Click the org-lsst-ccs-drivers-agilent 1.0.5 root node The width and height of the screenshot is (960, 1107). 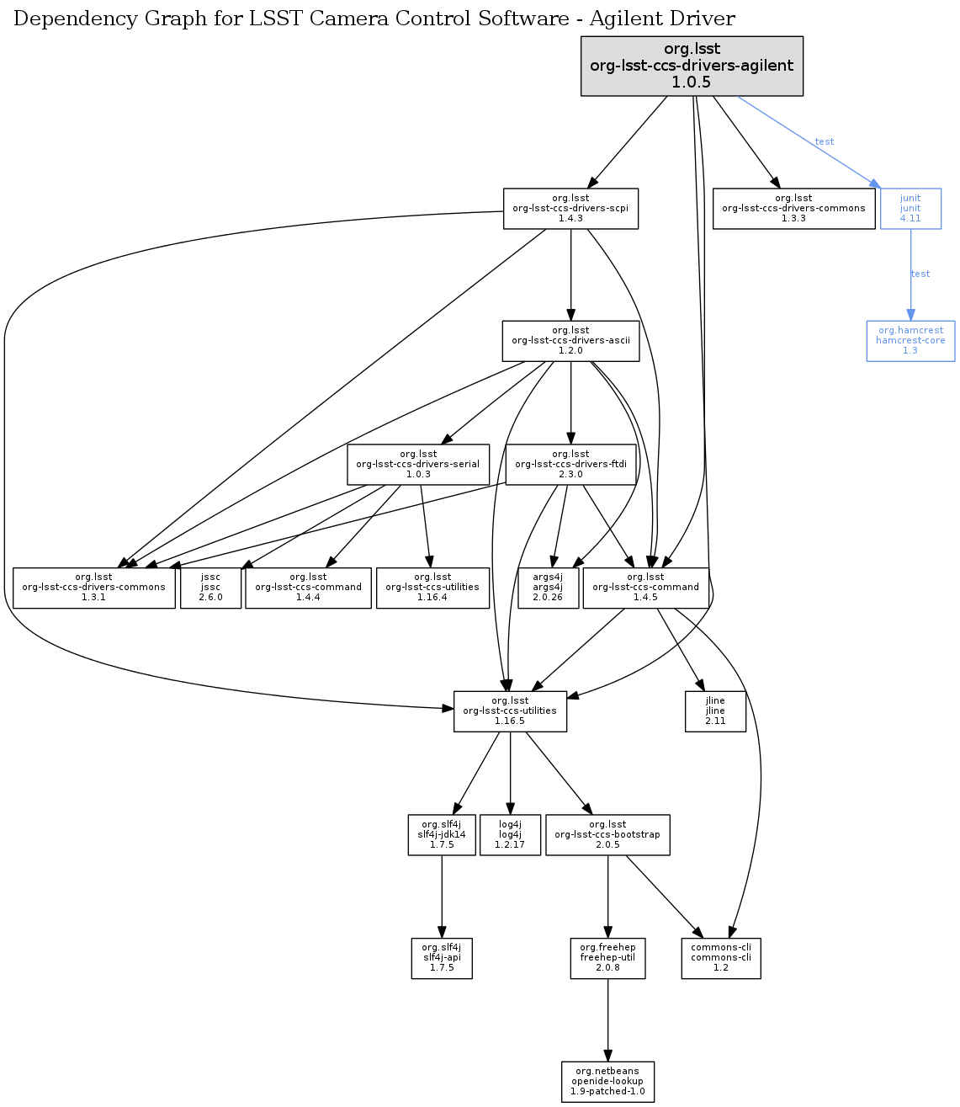(692, 66)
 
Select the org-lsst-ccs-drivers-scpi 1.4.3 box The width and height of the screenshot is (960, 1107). (570, 209)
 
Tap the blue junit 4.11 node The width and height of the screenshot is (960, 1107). (910, 209)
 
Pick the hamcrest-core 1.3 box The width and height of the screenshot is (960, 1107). (910, 341)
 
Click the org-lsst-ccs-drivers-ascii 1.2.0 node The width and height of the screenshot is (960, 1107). (570, 341)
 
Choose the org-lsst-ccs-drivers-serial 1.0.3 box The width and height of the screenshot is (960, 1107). (418, 465)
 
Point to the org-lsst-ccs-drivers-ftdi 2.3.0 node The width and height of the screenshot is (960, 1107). (570, 465)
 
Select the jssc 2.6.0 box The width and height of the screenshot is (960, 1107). (210, 588)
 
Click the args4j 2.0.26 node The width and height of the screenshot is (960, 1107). (547, 588)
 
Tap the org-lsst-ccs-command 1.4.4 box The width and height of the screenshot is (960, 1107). (308, 588)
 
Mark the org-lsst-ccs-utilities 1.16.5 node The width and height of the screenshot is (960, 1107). (510, 711)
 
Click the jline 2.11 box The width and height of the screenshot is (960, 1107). (715, 711)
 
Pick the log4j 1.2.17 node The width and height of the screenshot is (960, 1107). (510, 835)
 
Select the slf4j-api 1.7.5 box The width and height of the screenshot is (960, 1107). (442, 958)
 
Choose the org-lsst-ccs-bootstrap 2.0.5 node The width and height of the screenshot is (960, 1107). (607, 835)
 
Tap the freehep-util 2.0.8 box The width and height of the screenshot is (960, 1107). (607, 958)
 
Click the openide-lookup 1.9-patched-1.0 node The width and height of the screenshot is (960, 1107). (607, 1082)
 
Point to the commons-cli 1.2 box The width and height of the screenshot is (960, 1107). (721, 958)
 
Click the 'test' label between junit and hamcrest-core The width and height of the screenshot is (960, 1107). (920, 274)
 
